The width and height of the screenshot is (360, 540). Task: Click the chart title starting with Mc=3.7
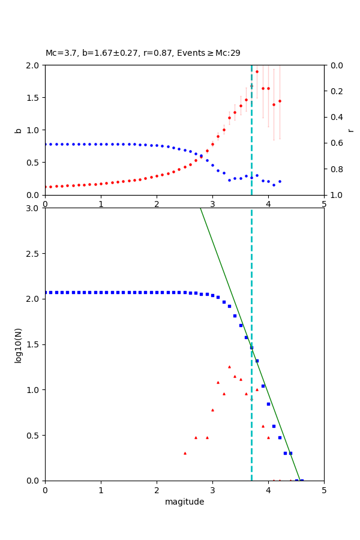point(143,53)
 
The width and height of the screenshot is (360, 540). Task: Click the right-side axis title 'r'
point(351,130)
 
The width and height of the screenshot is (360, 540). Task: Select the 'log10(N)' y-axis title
point(18,344)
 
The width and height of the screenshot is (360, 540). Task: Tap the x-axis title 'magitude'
point(184,502)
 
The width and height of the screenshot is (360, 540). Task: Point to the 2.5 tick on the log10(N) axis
point(33,254)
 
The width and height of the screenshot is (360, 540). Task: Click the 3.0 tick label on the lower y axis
point(33,208)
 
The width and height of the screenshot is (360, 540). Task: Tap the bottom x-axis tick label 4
point(268,490)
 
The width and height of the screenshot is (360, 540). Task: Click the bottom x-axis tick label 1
point(101,490)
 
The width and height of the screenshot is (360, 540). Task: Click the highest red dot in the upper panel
point(257,71)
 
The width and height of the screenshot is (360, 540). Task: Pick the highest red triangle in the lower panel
point(229,367)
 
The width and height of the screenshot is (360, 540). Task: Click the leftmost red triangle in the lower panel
point(185,453)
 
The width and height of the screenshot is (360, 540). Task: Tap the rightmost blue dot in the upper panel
point(280,181)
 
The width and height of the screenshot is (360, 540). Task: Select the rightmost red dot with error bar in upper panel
point(280,101)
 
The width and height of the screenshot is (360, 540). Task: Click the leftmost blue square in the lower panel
point(46,292)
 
